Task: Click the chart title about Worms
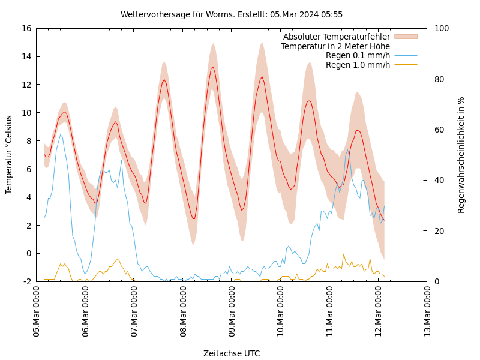(x=232, y=14)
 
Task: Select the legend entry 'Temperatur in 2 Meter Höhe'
(x=335, y=46)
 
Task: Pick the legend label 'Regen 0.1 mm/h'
(x=358, y=55)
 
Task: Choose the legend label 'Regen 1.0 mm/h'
(x=358, y=64)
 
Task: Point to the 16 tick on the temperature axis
(x=26, y=28)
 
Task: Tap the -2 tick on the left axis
(x=28, y=281)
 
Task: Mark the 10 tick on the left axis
(x=26, y=113)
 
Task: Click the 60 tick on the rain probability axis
(x=438, y=130)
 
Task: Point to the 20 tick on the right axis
(x=438, y=231)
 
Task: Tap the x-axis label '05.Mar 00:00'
(x=37, y=312)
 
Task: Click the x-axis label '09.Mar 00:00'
(x=232, y=312)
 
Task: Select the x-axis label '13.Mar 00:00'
(x=428, y=312)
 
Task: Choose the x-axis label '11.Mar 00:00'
(x=330, y=312)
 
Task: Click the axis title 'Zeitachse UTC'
(x=232, y=353)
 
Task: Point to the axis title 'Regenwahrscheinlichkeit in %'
(x=461, y=155)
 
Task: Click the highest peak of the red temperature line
(x=213, y=67)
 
